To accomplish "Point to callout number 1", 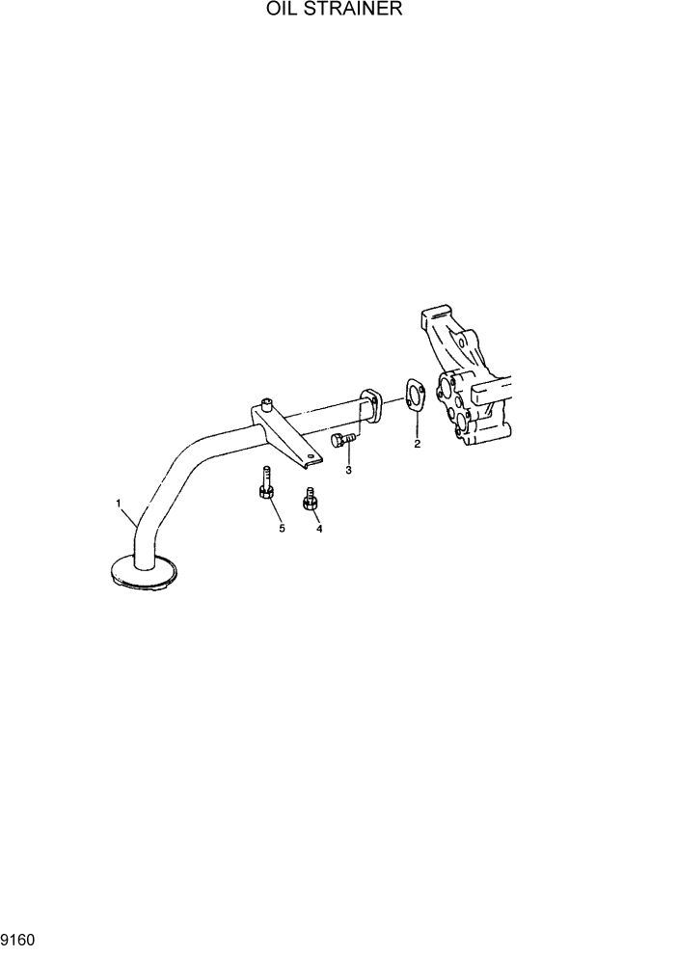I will (118, 503).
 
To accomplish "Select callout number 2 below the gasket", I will (417, 445).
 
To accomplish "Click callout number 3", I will (348, 470).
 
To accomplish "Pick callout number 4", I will (318, 529).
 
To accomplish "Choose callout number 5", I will (282, 529).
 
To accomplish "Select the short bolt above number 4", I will (311, 502).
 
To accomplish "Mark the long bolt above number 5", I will (265, 483).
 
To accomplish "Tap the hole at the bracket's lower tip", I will (309, 460).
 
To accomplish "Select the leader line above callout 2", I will (417, 425).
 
